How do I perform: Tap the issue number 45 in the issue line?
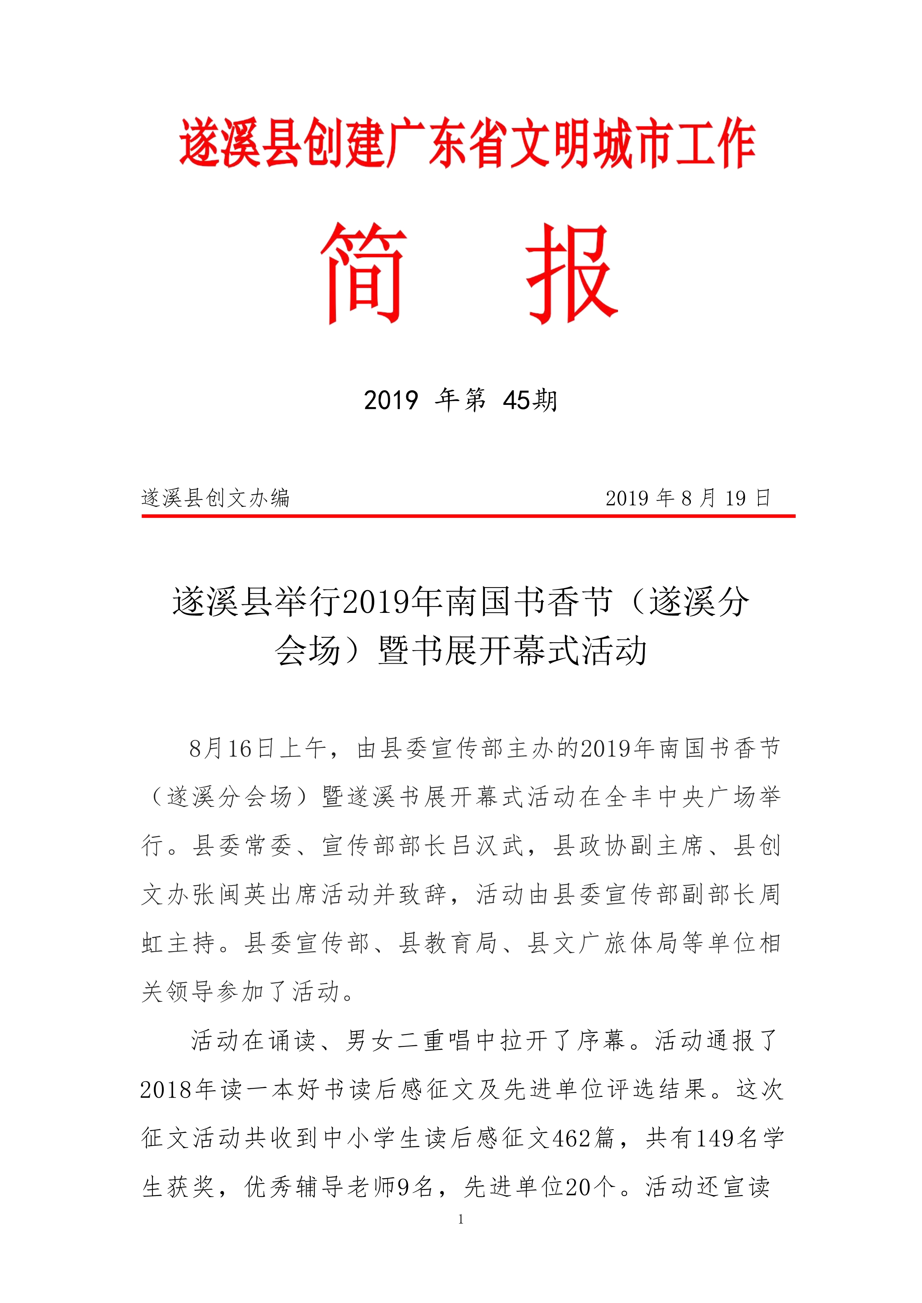[x=515, y=401]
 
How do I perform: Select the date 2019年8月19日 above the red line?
[x=688, y=498]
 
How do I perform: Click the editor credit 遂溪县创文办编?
[x=216, y=498]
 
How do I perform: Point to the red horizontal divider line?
[x=468, y=516]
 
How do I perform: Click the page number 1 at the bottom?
[x=460, y=1218]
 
